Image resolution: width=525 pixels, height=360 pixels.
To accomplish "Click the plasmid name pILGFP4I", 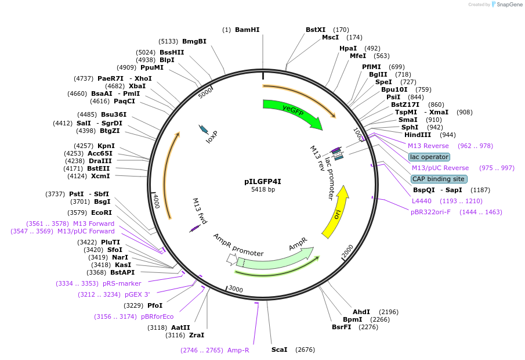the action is click(x=263, y=181).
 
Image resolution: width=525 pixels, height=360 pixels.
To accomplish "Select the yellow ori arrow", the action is click(x=337, y=213).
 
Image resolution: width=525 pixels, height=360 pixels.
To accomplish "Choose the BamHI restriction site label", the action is click(x=247, y=30).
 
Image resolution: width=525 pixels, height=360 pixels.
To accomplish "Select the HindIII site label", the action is click(x=417, y=135).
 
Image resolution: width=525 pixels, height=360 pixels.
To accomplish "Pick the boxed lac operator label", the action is click(x=429, y=157).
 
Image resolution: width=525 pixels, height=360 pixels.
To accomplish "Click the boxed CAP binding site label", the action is click(x=438, y=179).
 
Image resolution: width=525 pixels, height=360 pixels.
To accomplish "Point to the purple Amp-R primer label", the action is click(x=238, y=350).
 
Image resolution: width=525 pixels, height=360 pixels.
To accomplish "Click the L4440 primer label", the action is click(x=422, y=201).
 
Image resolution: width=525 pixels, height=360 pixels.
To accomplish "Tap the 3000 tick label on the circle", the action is click(x=236, y=289).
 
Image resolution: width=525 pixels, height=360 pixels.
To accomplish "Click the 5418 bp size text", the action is click(x=263, y=190).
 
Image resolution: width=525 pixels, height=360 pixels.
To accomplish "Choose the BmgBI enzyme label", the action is click(x=194, y=41).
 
